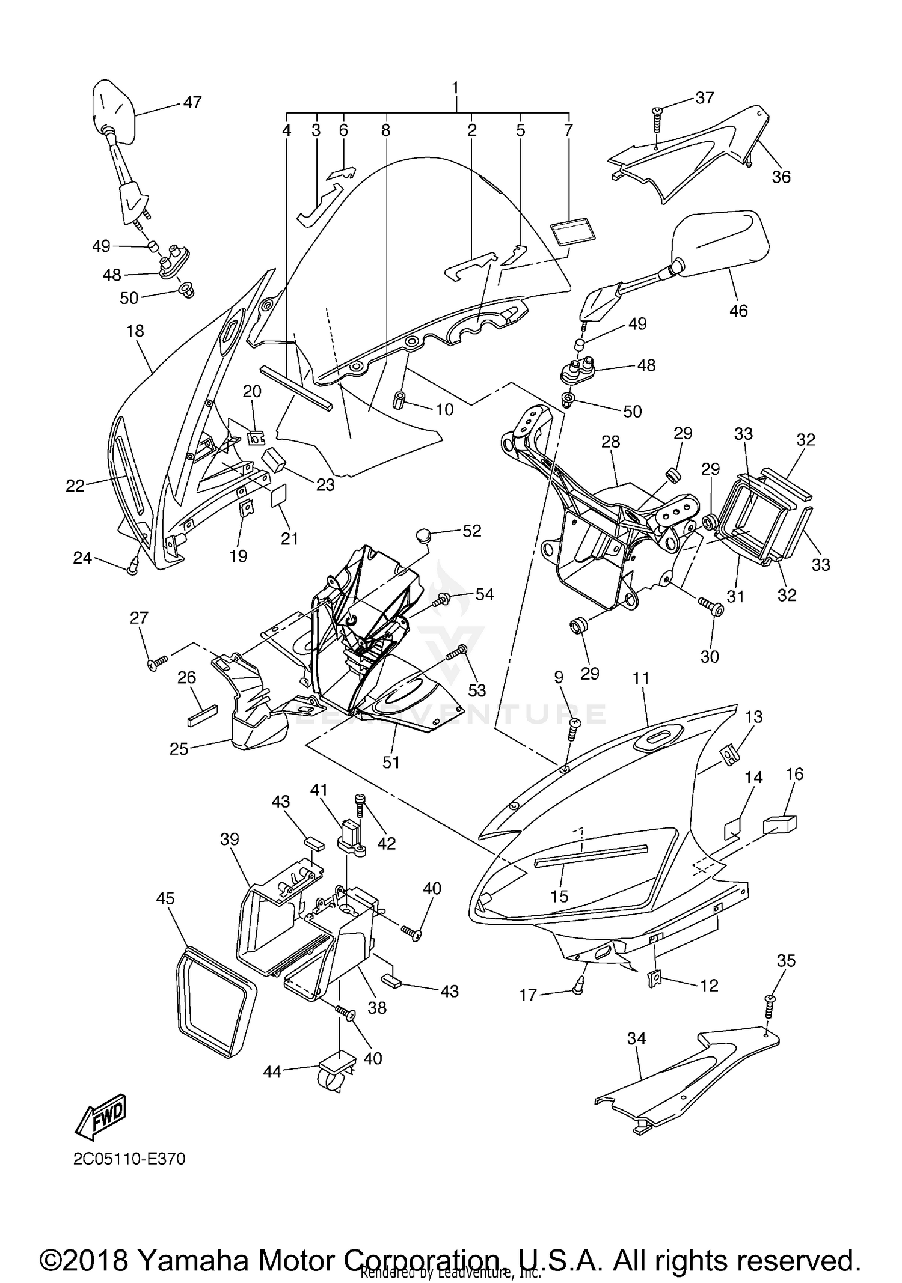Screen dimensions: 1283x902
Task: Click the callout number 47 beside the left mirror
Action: click(x=192, y=103)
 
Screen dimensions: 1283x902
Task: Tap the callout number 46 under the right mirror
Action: click(x=738, y=311)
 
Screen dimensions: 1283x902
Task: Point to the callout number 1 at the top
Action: click(x=455, y=88)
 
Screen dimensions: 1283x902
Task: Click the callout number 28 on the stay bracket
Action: click(x=610, y=442)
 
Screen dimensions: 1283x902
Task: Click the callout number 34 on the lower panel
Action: click(x=636, y=1038)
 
